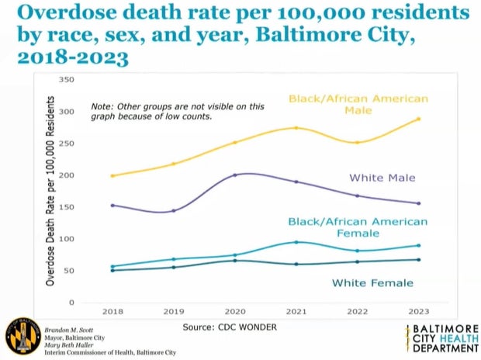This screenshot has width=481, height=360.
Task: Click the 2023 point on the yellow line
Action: coord(419,119)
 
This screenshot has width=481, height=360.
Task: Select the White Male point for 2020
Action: coord(235,175)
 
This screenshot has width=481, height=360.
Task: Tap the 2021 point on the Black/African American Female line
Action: coord(296,242)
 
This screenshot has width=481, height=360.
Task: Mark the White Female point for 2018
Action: coord(112,270)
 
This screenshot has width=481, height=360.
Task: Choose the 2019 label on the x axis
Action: coord(173,310)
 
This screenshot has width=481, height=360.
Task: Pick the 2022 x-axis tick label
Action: coord(357,310)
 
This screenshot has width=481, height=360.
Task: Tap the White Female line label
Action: coord(372,283)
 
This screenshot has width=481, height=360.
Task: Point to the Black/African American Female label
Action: coord(358,227)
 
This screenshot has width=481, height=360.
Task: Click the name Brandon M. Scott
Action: coord(74,329)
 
